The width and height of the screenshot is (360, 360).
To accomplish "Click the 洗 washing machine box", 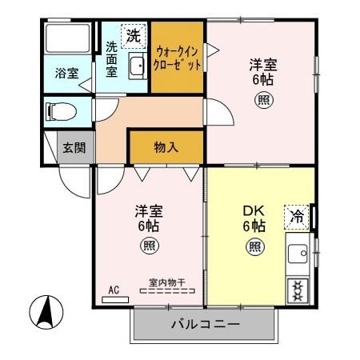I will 132,36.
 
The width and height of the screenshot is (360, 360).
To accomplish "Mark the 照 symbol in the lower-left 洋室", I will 150,246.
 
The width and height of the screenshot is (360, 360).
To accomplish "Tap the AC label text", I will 114,291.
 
